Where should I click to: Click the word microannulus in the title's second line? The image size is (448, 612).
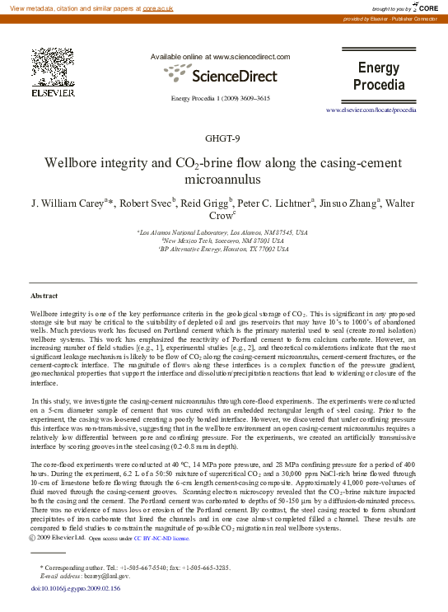tap(223, 179)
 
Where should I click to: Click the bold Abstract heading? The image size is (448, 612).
tap(44, 295)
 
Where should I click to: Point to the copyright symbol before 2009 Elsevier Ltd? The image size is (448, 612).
tap(33, 538)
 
